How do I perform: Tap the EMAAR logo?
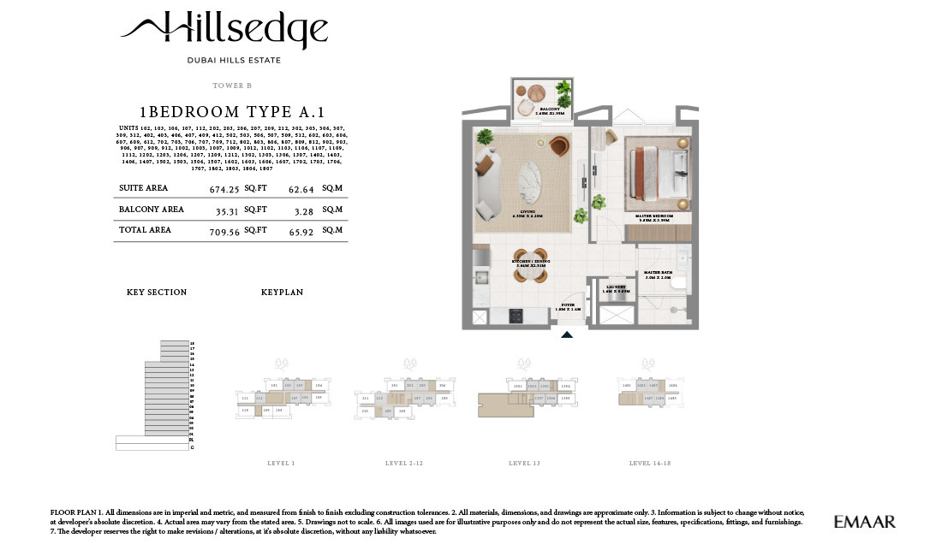coord(864,521)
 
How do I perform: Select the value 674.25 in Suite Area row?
coord(225,189)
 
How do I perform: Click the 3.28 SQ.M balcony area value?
coord(301,210)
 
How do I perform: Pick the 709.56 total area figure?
coord(225,231)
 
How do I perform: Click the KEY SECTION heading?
coord(157,293)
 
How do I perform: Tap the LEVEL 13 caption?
coord(524,464)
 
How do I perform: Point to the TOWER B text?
coord(231,86)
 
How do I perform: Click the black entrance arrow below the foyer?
coord(566,335)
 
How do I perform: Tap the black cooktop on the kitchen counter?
coord(516,316)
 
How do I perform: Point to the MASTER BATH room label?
coord(658,274)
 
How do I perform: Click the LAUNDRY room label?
coord(616,287)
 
